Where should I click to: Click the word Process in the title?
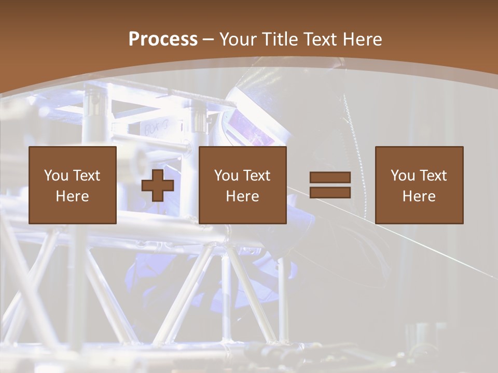coord(163,39)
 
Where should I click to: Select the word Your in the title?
coord(238,39)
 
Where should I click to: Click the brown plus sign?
coord(158,185)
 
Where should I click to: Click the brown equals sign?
coord(330,185)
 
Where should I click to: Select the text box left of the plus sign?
coord(72,185)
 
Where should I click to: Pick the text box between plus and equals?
coord(242,185)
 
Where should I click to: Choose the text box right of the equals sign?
coord(419,185)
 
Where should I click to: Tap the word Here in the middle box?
coord(242,196)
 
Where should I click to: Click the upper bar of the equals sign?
coord(330,178)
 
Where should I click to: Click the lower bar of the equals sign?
coord(330,192)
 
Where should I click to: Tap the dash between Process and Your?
coord(208,39)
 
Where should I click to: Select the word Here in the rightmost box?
coord(419,196)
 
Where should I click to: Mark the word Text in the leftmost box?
coord(86,176)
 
